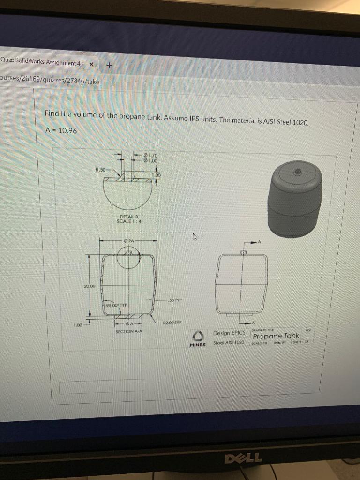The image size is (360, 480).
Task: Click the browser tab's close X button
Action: point(91,64)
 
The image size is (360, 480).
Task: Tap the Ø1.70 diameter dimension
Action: point(152,155)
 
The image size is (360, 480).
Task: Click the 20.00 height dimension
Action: point(90,286)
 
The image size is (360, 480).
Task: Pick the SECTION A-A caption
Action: point(128,331)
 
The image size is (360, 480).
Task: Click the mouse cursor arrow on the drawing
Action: point(193,238)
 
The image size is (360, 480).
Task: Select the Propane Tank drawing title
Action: point(276,336)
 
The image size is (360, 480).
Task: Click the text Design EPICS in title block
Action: point(230,333)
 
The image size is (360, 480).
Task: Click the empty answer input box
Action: point(101,385)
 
